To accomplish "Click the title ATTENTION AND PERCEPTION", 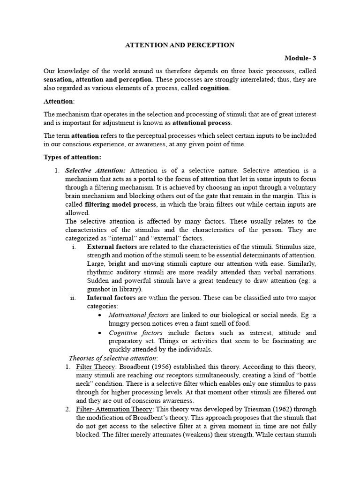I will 180,45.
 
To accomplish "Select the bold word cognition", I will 215,88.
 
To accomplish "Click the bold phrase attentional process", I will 202,123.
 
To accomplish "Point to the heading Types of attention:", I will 72,157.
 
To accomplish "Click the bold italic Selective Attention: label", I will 95,170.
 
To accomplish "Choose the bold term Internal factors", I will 111,298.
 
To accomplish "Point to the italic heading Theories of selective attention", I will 113,358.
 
